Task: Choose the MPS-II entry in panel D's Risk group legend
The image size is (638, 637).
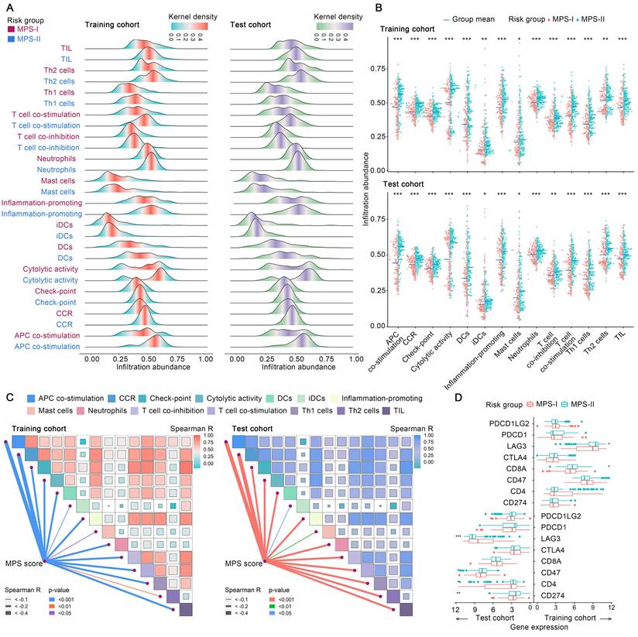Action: click(x=593, y=402)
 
